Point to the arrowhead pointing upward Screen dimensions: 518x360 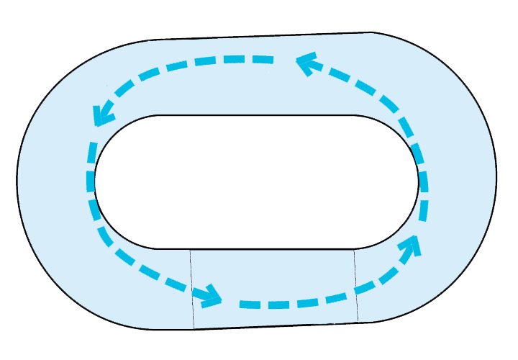coord(412,243)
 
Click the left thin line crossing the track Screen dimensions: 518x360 coord(192,288)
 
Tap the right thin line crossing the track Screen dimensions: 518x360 coord(356,284)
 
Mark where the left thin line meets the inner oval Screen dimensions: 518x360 coord(190,249)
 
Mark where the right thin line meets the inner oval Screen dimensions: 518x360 coord(354,249)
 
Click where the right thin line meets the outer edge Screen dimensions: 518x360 coord(358,322)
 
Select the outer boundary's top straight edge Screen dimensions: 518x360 coord(266,35)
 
